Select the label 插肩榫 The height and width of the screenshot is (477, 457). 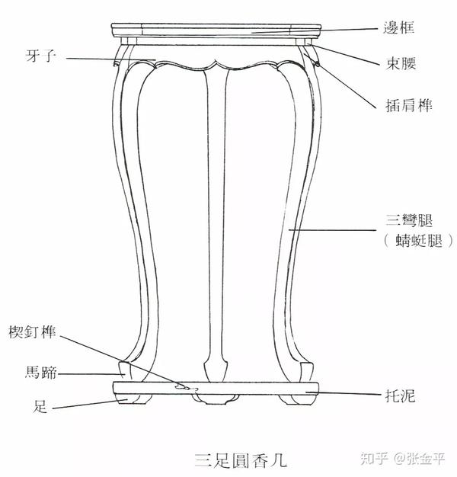click(405, 106)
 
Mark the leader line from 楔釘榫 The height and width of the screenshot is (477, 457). click(122, 360)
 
